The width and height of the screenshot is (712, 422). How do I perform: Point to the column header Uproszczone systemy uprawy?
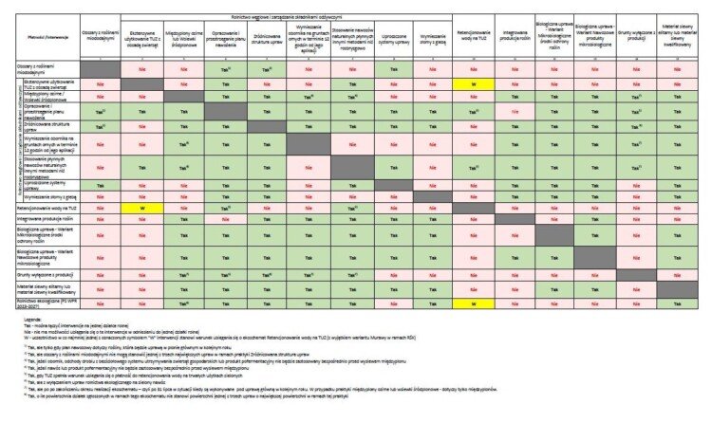(x=388, y=43)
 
